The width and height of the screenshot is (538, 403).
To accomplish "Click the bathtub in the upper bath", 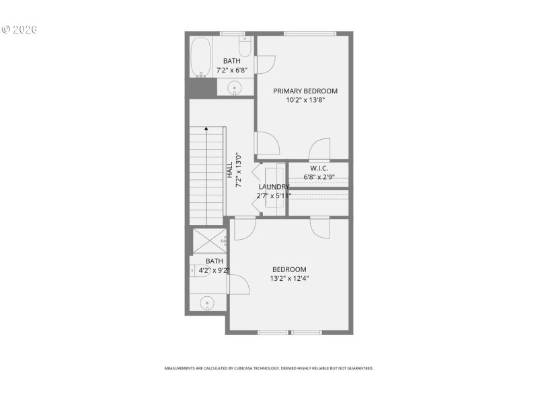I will coord(200,58).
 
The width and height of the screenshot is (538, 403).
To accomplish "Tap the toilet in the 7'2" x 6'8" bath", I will coord(245,47).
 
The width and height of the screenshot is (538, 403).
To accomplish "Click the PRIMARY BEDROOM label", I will coord(305,91).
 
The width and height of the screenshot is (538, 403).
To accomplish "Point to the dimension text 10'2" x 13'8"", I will coord(305,100).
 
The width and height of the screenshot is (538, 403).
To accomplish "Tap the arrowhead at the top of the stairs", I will coord(206,128).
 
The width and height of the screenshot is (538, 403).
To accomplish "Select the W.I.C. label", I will coord(319,168).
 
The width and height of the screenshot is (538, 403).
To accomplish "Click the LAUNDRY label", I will coord(274,187).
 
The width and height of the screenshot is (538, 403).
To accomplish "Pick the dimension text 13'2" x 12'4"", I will coord(289,278).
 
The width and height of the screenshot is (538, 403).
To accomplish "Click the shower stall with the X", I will coord(209,241).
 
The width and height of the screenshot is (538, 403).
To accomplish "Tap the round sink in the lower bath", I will coord(208,303).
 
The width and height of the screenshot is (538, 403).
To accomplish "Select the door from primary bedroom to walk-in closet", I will coord(320,149).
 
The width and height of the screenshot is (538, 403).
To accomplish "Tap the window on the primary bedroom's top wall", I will coord(309,32).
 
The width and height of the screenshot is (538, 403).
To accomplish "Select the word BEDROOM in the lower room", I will coord(289,269).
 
